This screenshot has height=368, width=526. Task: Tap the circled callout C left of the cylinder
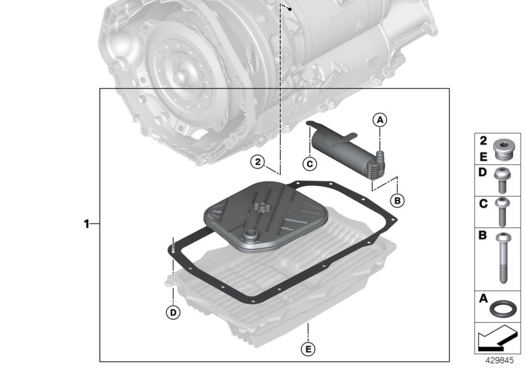(310, 164)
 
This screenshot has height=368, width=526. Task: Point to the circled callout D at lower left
(172, 313)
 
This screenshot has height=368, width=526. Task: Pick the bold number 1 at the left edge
(86, 224)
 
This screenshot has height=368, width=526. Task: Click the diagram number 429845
(498, 361)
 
